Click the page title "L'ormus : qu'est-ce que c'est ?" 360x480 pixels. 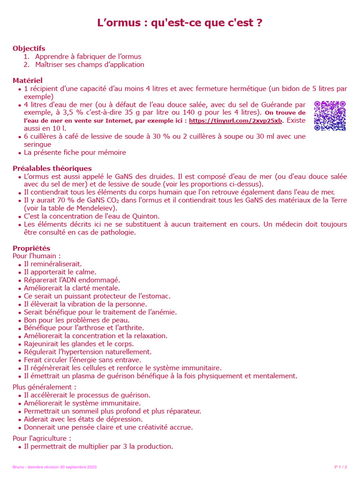(x=180, y=23)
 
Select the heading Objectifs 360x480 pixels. (x=29, y=48)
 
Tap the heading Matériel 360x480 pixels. (x=28, y=81)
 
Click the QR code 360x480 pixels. (x=330, y=115)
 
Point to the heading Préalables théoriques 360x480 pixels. (x=52, y=168)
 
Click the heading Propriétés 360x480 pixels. (x=31, y=248)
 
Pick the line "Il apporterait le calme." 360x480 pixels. (x=60, y=272)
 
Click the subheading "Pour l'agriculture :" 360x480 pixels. (x=42, y=438)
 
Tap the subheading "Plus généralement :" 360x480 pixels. (x=44, y=387)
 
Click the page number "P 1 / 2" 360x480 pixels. (x=341, y=467)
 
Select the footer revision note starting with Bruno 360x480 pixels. (x=54, y=467)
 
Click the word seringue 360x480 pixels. (x=37, y=144)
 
